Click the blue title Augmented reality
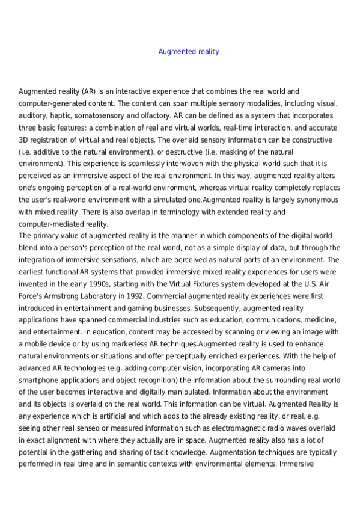tap(188, 52)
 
